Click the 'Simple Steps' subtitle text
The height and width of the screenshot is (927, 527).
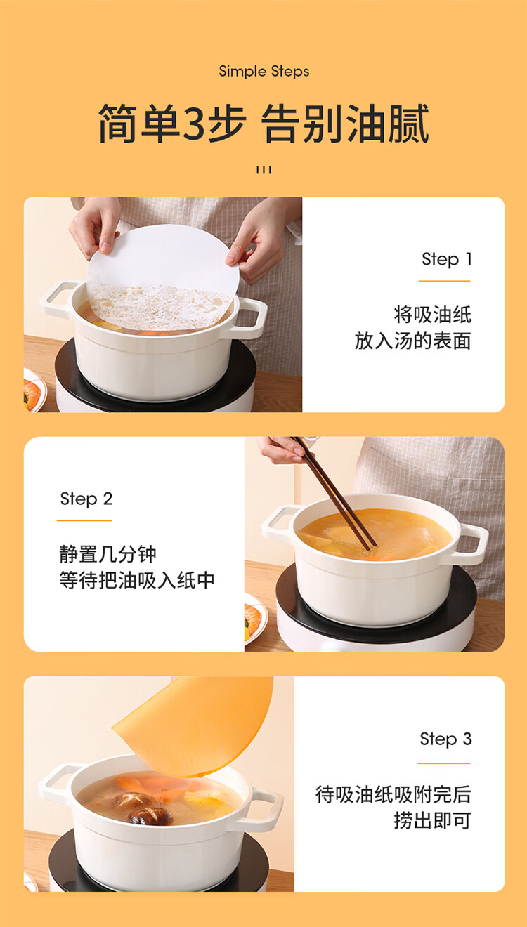(x=264, y=72)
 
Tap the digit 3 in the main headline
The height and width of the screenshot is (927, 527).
(x=193, y=124)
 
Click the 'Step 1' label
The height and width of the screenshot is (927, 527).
(x=447, y=259)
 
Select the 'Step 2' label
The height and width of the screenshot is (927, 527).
(x=86, y=499)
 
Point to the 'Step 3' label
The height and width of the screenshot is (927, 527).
(x=446, y=739)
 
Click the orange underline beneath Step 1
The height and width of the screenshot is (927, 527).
(x=445, y=281)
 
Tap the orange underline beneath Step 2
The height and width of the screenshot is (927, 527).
(x=84, y=520)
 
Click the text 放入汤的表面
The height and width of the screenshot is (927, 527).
(x=412, y=341)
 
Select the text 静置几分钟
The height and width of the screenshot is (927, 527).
(x=108, y=555)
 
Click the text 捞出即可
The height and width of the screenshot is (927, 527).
(x=432, y=821)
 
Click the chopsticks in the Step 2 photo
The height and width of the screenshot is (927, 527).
(x=334, y=493)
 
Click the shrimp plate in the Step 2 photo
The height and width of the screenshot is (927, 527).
(x=255, y=619)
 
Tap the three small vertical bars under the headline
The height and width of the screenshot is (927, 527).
(x=263, y=170)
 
